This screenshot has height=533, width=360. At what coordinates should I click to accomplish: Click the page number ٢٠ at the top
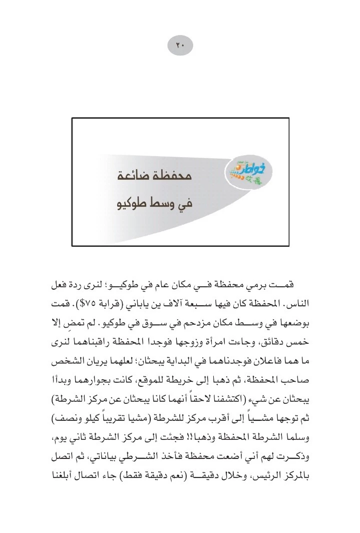click(180, 46)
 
